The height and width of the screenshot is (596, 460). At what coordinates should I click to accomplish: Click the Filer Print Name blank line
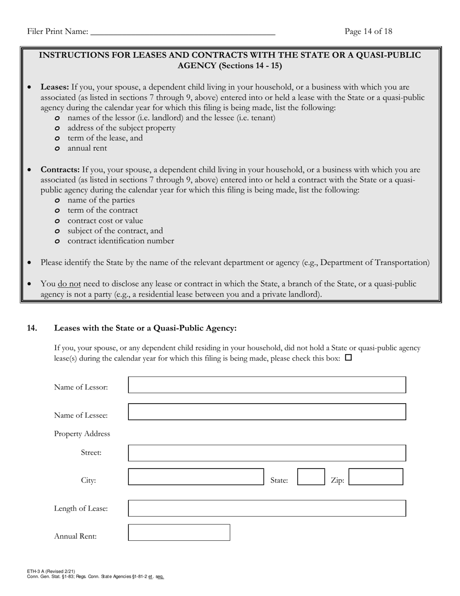click(183, 32)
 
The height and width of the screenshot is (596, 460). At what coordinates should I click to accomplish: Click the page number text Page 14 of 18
click(368, 31)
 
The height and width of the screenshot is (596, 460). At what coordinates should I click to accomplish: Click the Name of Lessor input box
click(267, 385)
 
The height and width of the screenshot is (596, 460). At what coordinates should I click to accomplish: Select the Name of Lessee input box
click(267, 412)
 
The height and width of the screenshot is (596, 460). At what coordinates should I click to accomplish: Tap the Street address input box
click(267, 453)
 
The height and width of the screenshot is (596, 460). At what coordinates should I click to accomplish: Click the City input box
click(196, 477)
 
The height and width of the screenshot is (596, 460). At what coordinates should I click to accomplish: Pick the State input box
click(311, 477)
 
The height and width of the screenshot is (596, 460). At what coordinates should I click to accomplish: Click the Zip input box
click(376, 477)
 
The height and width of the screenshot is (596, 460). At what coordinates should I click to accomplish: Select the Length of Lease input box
click(267, 508)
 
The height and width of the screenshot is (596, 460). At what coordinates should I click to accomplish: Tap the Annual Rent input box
click(179, 533)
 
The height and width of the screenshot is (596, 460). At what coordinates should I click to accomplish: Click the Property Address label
click(82, 434)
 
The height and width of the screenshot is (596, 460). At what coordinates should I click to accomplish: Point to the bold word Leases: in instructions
click(55, 87)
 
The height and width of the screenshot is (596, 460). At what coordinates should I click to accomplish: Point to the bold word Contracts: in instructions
click(60, 170)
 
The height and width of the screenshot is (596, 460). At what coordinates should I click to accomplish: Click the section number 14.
click(32, 329)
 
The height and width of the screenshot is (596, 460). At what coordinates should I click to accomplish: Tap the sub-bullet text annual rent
click(87, 148)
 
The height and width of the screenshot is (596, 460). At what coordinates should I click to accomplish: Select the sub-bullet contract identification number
click(121, 241)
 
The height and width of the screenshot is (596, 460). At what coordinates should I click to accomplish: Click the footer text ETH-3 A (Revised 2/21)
click(51, 572)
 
